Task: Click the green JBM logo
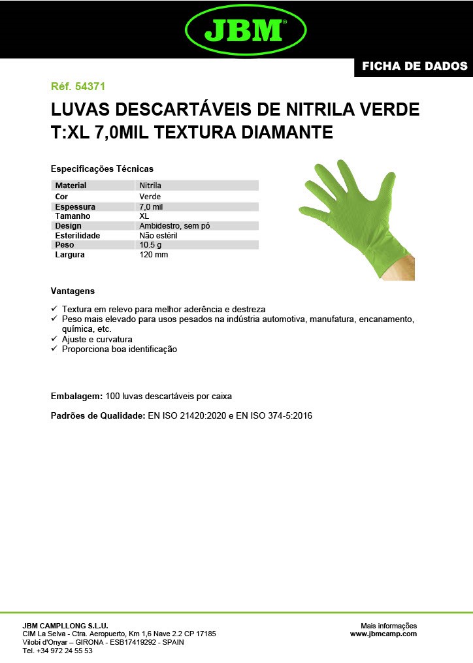pos(246,29)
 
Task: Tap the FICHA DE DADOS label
pos(414,66)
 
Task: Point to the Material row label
pos(71,186)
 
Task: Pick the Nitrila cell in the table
pos(150,186)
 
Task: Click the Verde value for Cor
pos(150,196)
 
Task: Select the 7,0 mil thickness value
pos(151,206)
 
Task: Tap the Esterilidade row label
pos(78,235)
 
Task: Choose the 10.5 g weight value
pos(150,245)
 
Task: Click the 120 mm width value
pos(154,255)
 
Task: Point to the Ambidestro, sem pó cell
pos(174,225)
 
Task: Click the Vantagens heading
pos(73,291)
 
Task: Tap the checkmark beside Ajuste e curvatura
pos(54,340)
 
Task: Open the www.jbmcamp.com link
pos(383,634)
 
